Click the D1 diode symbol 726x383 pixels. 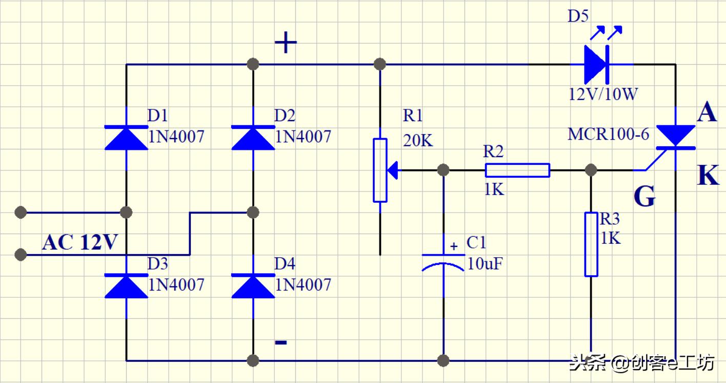coord(126,138)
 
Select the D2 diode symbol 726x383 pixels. coord(253,138)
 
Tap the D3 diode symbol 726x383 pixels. coord(126,285)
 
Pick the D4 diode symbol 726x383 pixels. coord(253,285)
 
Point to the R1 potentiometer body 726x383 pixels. coord(380,170)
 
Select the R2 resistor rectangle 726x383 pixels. coord(517,170)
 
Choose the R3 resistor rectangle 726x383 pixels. coord(591,244)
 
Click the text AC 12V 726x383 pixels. coord(80,242)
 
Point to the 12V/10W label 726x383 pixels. coord(603,94)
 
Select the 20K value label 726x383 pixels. coord(418,140)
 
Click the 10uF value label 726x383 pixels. coord(485,264)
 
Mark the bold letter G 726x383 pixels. coord(644,196)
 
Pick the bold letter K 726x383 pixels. coord(708,176)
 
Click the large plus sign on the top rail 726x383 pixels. coord(286,43)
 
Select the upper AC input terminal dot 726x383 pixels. coord(21,212)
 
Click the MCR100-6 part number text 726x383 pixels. coord(608,135)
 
